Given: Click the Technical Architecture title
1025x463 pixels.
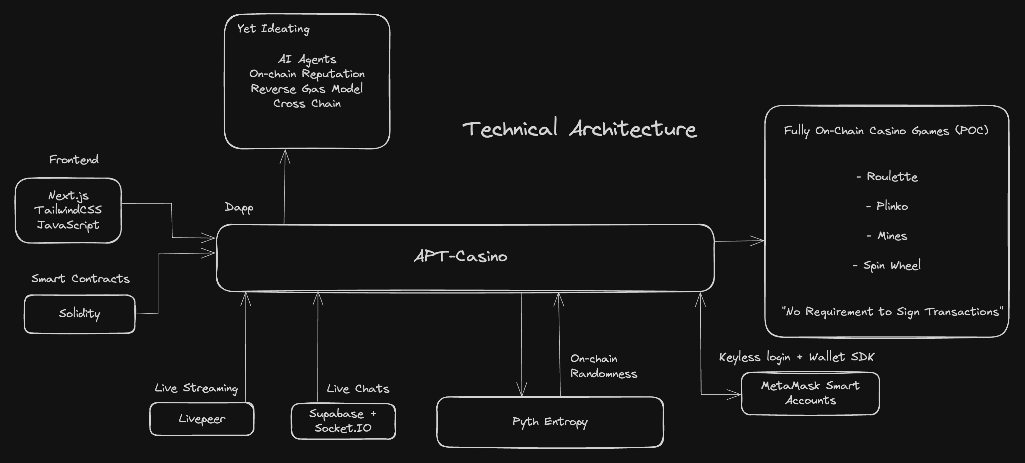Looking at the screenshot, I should pos(579,129).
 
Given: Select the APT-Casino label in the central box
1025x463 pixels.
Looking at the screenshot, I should pos(461,256).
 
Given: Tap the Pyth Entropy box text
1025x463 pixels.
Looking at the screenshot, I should pos(550,422).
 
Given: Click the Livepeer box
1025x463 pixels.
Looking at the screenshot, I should pos(202,419).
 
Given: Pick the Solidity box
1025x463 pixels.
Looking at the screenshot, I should pos(80,314).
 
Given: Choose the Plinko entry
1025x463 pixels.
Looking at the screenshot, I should pos(892,206).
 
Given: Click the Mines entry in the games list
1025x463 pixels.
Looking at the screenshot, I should pos(892,236).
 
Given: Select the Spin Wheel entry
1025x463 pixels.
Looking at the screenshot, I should pos(891,265).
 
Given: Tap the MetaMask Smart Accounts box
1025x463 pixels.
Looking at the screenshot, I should pos(810,393).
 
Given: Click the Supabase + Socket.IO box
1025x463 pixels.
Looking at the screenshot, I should pos(343,421).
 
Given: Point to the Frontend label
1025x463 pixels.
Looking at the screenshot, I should pos(74,160).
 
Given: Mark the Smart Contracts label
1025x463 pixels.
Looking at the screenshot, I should pos(81,279).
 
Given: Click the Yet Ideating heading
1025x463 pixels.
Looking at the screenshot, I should pos(273,29).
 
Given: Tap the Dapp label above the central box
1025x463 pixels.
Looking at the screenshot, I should pos(239,208).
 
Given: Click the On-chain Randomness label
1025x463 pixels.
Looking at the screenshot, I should pos(603,366).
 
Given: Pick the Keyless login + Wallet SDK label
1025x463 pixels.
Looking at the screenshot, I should pos(797,357).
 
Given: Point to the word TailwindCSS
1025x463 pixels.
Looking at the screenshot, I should pos(68,210).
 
